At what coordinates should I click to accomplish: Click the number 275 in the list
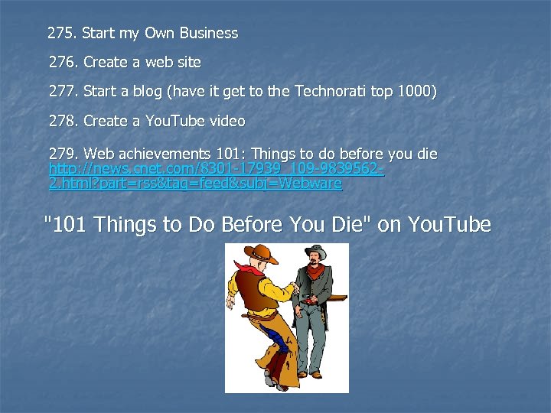(x=60, y=34)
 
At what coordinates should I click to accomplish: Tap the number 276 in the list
(x=62, y=62)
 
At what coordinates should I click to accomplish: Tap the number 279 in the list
(x=62, y=154)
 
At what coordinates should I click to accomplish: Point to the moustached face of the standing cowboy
(x=315, y=262)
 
